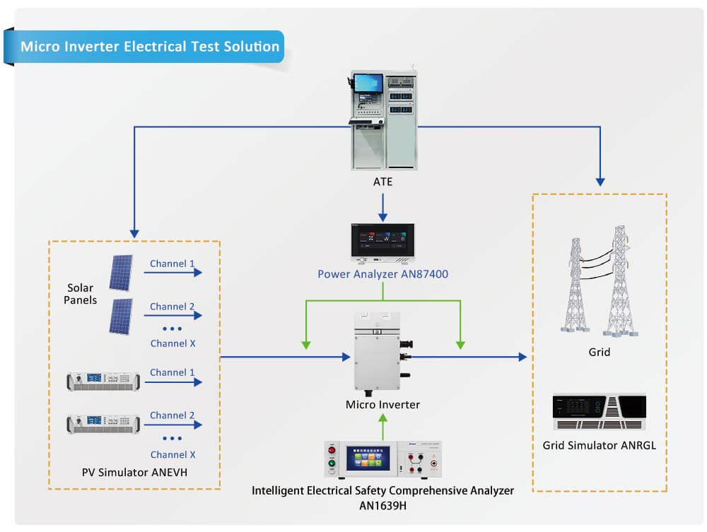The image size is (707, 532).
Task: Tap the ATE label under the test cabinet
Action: (382, 182)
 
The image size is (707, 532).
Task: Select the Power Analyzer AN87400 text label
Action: (382, 274)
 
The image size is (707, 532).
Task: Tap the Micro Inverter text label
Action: (382, 405)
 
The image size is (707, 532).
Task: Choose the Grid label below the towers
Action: (599, 351)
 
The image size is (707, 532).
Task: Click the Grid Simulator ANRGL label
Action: (599, 445)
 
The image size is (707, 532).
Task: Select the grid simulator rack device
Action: (599, 411)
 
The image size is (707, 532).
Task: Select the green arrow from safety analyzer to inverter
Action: (382, 426)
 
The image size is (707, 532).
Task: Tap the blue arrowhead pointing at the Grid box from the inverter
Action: (522, 357)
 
